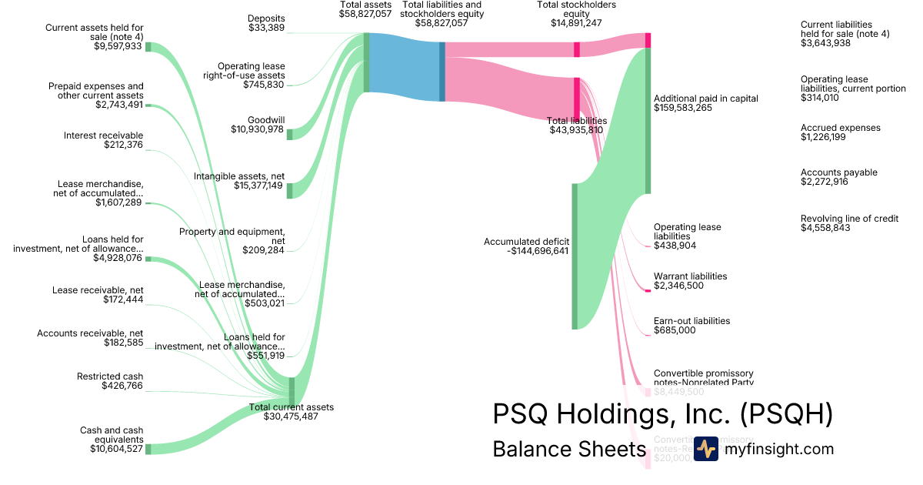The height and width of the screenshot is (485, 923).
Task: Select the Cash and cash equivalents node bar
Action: click(x=148, y=449)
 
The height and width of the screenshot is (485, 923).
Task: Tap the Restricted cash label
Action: click(x=110, y=376)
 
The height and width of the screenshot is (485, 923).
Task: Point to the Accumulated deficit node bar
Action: click(x=574, y=256)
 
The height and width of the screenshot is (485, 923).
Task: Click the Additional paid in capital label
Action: click(x=705, y=99)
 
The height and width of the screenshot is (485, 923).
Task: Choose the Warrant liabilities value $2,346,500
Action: click(x=679, y=286)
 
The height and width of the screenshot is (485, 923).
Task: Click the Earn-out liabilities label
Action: click(x=691, y=320)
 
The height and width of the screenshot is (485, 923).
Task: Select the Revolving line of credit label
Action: click(x=849, y=219)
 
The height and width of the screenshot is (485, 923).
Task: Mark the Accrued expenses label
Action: click(x=840, y=128)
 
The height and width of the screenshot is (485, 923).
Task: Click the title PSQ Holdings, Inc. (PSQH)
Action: click(x=662, y=414)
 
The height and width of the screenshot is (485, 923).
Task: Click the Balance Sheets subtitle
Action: click(x=568, y=449)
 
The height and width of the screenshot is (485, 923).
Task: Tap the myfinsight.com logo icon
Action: click(x=706, y=449)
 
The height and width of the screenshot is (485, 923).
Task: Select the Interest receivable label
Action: click(x=103, y=135)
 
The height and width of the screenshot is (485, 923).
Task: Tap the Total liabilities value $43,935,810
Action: click(x=576, y=130)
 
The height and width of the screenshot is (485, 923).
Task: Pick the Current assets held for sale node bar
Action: click(x=148, y=47)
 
